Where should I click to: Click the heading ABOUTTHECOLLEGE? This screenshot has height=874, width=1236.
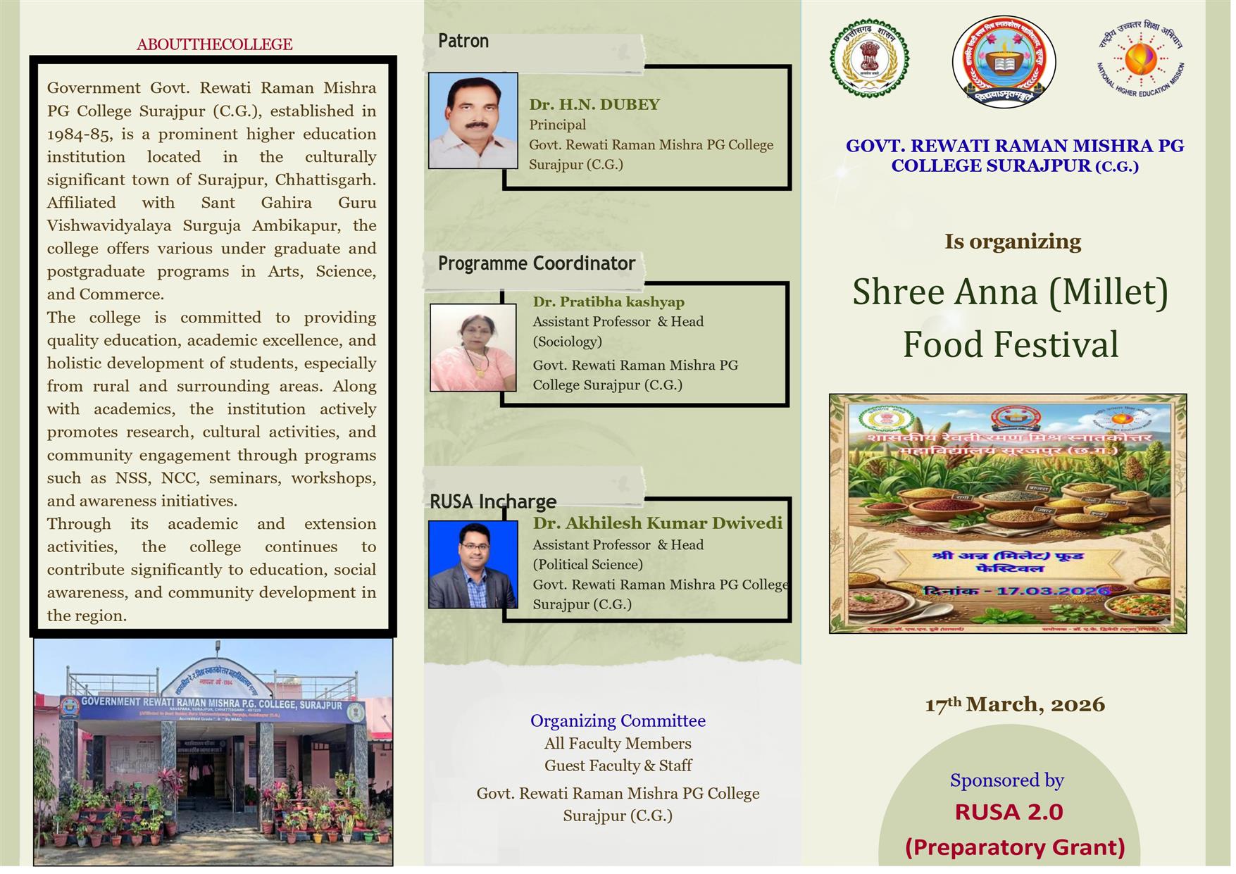214,44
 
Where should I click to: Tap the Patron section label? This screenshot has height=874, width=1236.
463,41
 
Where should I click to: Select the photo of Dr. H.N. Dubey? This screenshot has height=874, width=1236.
473,120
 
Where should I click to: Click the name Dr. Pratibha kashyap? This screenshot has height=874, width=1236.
608,302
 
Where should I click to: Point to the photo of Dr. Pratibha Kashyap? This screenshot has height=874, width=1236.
473,347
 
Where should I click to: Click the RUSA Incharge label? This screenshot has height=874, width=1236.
493,501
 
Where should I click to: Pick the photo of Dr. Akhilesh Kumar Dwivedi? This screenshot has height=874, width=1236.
473,564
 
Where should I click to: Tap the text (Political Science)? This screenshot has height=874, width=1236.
587,565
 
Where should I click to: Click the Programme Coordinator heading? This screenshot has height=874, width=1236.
537,263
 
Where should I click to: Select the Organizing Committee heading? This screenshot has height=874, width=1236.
618,720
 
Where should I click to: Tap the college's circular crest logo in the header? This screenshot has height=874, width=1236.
1004,62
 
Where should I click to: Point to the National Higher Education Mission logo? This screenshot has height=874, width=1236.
1140,59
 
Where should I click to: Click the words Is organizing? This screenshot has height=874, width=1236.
1012,242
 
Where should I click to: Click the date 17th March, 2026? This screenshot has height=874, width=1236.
1014,704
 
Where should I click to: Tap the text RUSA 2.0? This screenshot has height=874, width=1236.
1009,812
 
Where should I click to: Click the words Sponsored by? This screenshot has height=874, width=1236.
1006,780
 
